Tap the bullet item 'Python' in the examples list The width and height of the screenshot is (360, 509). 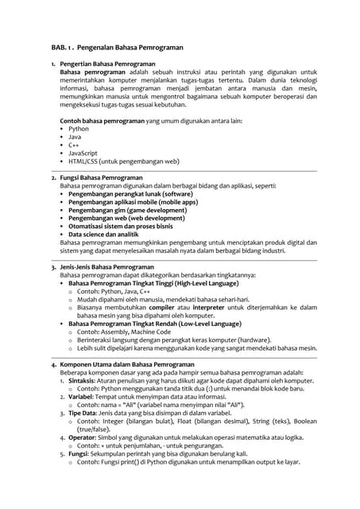pos(79,128)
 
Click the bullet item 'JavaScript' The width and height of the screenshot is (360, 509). pos(83,153)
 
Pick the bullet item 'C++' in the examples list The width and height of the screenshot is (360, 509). pos(74,145)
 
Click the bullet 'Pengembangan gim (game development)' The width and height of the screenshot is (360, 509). pos(126,210)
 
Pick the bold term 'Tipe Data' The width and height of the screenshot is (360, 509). pos(83,413)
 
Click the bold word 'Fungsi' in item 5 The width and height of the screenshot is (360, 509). pos(78,453)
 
